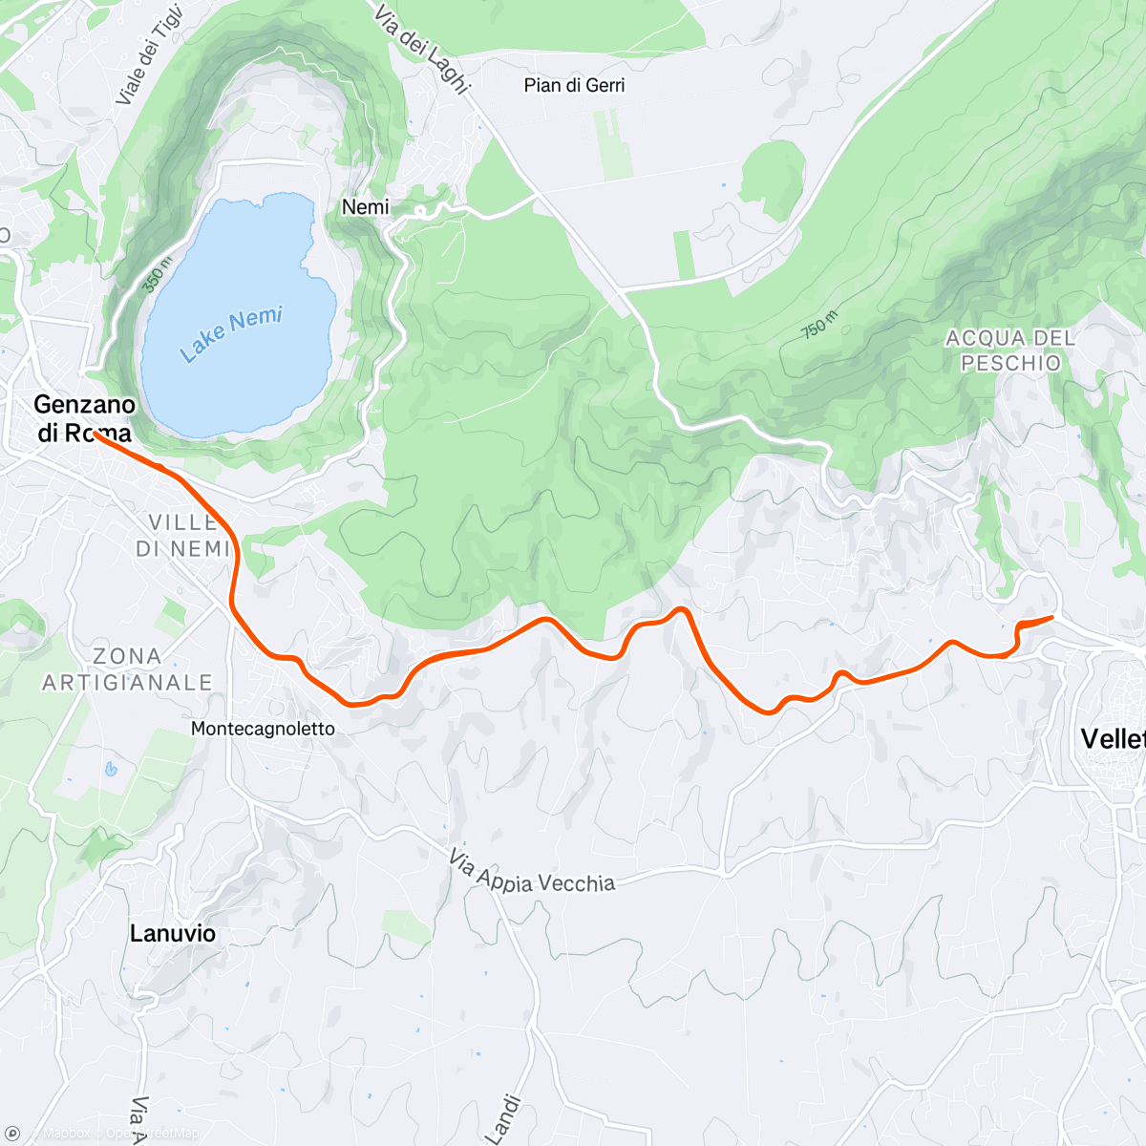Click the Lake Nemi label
(x=232, y=334)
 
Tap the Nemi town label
(x=366, y=207)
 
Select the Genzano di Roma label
(x=84, y=418)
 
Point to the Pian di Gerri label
(x=574, y=85)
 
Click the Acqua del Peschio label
(x=1010, y=350)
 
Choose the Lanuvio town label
(x=173, y=933)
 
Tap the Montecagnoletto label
(x=263, y=729)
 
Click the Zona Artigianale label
(x=127, y=669)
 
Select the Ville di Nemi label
(x=183, y=536)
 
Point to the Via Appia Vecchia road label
(x=532, y=873)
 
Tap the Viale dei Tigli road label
(x=148, y=53)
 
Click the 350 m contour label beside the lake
(x=158, y=273)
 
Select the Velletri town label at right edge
(x=1113, y=738)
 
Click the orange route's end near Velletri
(x=1051, y=618)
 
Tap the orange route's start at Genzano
(x=95, y=435)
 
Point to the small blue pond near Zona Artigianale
(x=111, y=768)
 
